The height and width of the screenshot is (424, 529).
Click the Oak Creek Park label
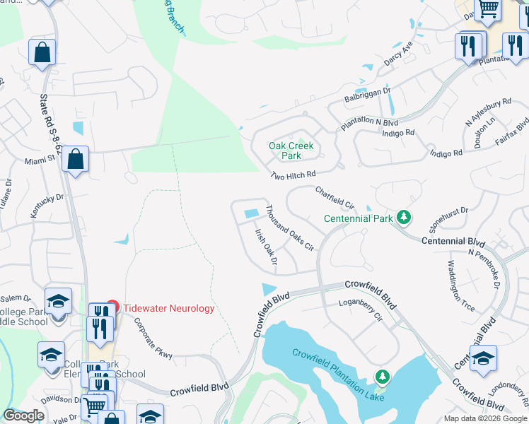point(291,151)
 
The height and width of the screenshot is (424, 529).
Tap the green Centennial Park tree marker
point(404,218)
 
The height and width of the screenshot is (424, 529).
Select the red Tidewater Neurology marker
point(112,308)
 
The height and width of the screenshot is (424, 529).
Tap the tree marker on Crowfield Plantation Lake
point(383,377)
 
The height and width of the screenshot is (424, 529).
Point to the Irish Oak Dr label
point(266,247)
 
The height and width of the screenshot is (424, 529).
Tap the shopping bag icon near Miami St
point(75,160)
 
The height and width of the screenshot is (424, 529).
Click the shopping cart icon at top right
point(488,10)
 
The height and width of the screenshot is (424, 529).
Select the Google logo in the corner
point(23,416)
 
